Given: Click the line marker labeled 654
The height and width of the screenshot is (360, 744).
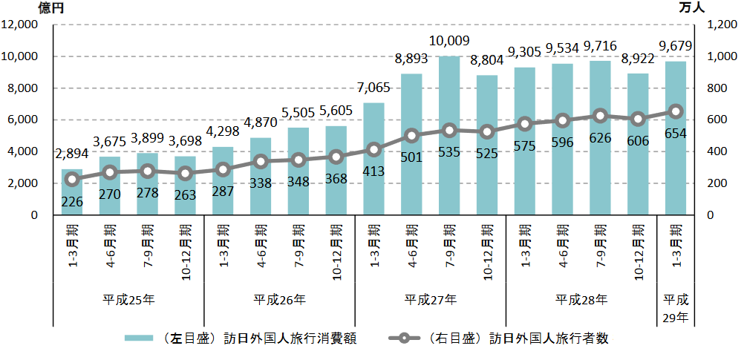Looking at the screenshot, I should tap(676, 111).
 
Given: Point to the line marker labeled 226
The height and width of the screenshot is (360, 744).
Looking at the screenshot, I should tap(72, 179).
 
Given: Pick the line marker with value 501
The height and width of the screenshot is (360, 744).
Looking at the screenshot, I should tap(411, 135).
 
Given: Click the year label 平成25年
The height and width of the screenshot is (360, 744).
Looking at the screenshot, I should tap(128, 300).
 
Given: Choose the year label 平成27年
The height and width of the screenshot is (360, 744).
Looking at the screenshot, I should tap(431, 300).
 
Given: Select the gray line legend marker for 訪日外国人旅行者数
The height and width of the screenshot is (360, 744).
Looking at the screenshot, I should tap(402, 338).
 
